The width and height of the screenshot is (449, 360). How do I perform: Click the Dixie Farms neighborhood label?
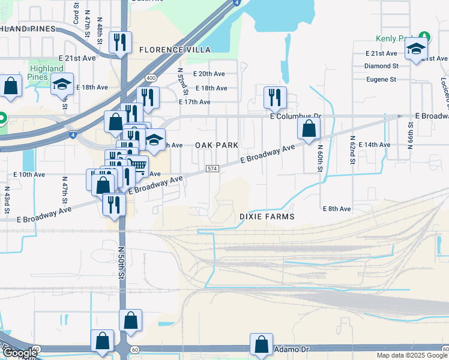point(267,216)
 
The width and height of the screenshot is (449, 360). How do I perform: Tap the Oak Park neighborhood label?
point(216,145)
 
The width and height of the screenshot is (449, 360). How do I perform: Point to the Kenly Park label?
point(394,38)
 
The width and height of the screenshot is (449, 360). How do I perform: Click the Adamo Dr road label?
point(291,349)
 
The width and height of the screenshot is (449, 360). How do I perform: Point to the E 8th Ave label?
point(337,209)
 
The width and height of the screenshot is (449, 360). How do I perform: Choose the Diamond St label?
point(382,66)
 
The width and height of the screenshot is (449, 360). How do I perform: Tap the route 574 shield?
point(212,170)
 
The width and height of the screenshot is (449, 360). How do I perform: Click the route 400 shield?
point(151,78)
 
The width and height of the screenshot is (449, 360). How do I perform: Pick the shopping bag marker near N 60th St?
point(309,128)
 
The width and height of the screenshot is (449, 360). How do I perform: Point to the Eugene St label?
point(381,79)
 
